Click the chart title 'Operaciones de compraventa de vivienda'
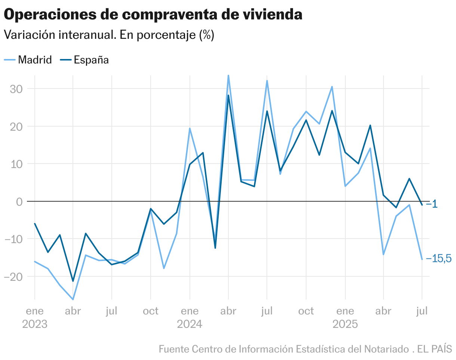(153, 15)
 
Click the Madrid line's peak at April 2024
(228, 76)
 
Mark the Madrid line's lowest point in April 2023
(73, 299)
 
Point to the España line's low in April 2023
(73, 281)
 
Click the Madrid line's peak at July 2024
(267, 81)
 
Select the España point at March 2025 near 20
(370, 125)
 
